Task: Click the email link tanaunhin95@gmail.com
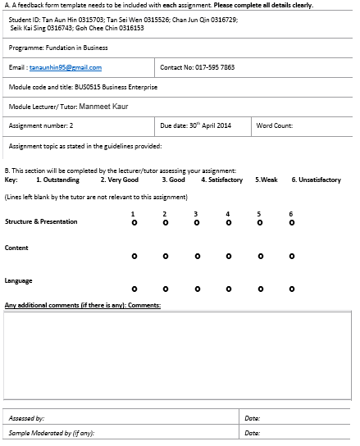66,68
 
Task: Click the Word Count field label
275,125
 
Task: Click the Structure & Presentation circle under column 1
133,222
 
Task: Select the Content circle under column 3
196,256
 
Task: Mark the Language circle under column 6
291,289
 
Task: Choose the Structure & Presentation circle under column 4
228,222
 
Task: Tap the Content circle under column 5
259,256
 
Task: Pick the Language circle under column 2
165,289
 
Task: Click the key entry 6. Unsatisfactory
316,180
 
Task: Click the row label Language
19,281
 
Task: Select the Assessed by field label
27,418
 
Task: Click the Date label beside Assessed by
252,418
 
